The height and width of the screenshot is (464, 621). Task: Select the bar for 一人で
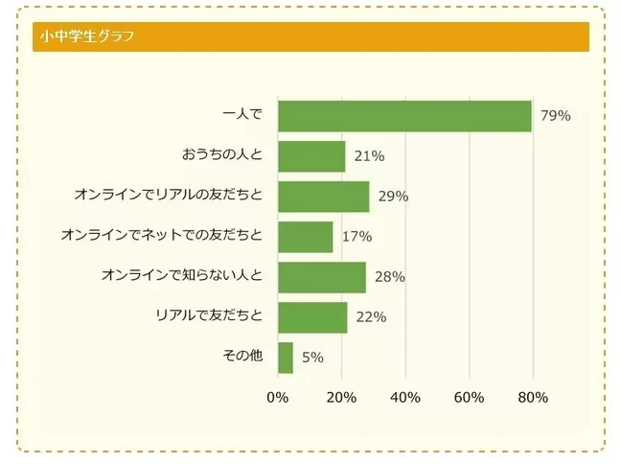click(403, 116)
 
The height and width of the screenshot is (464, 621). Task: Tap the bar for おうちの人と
click(310, 156)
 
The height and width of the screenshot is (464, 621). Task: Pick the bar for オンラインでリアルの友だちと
click(323, 197)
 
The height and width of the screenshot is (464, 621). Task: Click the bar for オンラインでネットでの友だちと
click(305, 237)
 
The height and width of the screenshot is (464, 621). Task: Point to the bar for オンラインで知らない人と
click(321, 277)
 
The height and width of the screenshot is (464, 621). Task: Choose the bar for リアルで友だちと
click(311, 317)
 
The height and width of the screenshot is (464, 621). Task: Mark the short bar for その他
click(285, 358)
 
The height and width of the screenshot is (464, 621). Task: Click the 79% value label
click(555, 116)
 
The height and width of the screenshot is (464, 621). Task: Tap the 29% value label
click(393, 197)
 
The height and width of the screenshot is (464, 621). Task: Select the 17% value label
click(356, 237)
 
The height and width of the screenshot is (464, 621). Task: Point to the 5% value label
click(312, 358)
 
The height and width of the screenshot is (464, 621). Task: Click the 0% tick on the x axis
click(277, 398)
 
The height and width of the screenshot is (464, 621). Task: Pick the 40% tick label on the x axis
click(405, 398)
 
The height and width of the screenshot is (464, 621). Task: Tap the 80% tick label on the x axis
click(533, 398)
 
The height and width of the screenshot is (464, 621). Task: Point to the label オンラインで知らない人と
click(181, 277)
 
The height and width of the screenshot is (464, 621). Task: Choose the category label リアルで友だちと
click(208, 317)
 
